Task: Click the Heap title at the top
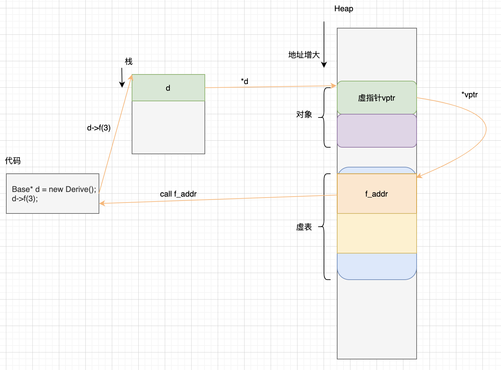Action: point(343,9)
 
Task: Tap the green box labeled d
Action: point(168,88)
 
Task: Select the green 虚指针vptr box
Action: point(377,98)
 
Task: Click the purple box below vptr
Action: point(377,131)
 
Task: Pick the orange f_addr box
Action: point(377,194)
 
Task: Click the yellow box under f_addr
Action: point(377,233)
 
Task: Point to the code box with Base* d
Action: point(53,194)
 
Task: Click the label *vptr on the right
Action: point(469,95)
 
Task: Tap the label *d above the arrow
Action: point(244,81)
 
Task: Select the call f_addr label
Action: point(178,194)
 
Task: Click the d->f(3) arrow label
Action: point(99,128)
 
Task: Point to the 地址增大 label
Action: point(304,55)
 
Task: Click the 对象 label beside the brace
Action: point(304,115)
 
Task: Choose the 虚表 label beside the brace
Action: point(304,227)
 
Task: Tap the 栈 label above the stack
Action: point(128,62)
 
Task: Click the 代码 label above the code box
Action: point(13,161)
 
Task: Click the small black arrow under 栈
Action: point(122,78)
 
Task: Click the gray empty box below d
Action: point(168,127)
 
